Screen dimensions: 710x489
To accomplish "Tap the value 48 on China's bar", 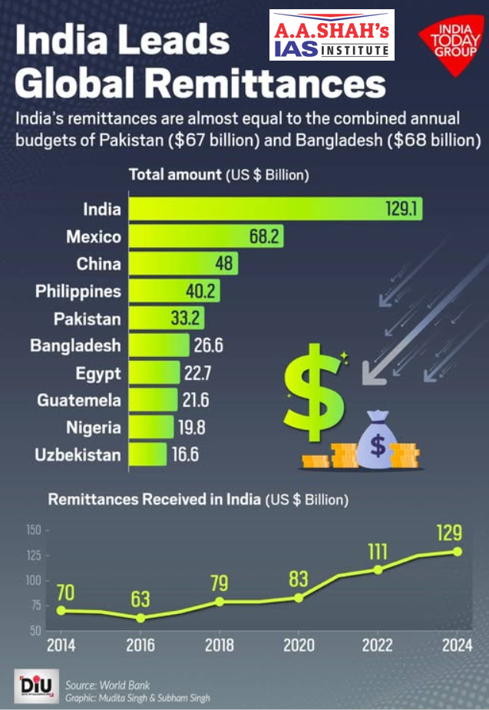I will (223, 264).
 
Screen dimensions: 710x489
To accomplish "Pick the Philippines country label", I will (78, 292).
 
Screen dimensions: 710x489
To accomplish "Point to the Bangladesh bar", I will (158, 345).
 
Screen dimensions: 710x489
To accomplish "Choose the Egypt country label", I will (98, 374).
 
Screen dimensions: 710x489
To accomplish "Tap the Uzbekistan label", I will (78, 454).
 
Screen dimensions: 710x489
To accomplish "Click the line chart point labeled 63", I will (140, 617).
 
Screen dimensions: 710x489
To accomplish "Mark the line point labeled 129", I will (458, 551).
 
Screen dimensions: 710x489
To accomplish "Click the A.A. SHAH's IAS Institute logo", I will (332, 35).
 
